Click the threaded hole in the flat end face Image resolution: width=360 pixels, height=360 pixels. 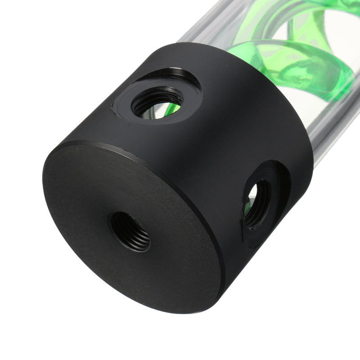130,231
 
